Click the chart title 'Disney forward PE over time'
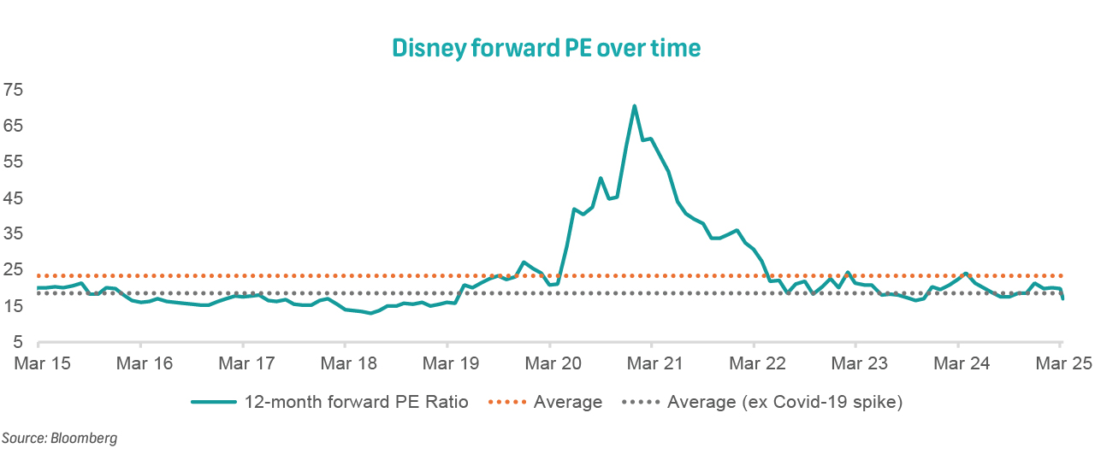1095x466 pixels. pyautogui.click(x=546, y=48)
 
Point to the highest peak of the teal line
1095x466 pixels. pyautogui.click(x=634, y=106)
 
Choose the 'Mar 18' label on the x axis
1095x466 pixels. pyautogui.click(x=347, y=363)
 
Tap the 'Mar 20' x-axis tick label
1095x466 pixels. pyautogui.click(x=552, y=363)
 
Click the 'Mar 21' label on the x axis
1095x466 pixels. pyautogui.click(x=654, y=363)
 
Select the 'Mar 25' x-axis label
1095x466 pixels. pyautogui.click(x=1063, y=363)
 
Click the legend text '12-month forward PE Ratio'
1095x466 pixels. pyautogui.click(x=357, y=402)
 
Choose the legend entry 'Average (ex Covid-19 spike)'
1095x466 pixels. pyautogui.click(x=784, y=402)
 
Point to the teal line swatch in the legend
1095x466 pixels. pyautogui.click(x=214, y=402)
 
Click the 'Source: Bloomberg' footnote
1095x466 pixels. pyautogui.click(x=59, y=439)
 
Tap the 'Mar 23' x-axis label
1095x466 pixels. pyautogui.click(x=859, y=363)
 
